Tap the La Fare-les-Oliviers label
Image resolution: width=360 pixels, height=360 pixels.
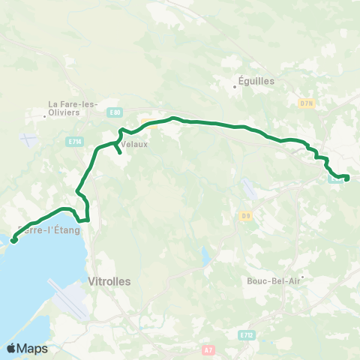click(73, 108)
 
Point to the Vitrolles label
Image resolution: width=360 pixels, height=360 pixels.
click(109, 281)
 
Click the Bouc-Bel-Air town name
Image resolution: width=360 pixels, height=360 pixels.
click(273, 281)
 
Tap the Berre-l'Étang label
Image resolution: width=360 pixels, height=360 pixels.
click(49, 230)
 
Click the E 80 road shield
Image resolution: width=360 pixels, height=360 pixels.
click(115, 112)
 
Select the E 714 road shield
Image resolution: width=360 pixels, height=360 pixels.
click(73, 141)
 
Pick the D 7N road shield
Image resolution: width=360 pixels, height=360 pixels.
click(306, 102)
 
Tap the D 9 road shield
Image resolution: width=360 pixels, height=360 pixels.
click(245, 217)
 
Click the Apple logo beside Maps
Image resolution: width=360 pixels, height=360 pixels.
click(11, 348)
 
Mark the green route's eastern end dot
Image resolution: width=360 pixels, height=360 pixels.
click(346, 177)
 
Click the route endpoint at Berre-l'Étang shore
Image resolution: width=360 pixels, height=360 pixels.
click(13, 241)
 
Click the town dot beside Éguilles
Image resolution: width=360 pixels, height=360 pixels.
click(235, 87)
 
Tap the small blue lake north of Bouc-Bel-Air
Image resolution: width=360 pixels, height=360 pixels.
click(205, 257)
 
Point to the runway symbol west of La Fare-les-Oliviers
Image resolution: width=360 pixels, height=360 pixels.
click(28, 140)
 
